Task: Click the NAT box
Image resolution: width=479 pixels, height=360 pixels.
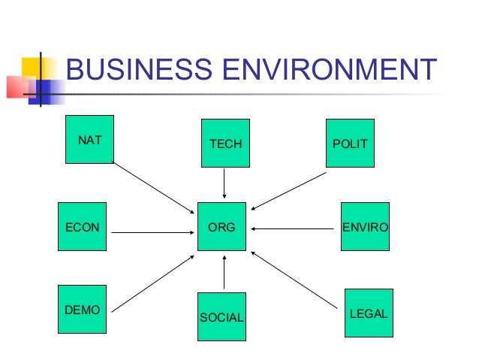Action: pos(89,139)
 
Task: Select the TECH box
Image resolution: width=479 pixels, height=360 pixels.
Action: pos(224,143)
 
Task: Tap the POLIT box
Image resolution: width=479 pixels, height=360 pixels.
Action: pos(349,143)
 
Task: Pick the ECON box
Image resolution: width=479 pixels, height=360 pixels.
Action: pos(83,226)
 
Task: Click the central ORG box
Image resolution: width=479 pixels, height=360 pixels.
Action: pos(221,226)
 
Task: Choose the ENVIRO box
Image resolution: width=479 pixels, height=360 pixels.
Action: pos(365,226)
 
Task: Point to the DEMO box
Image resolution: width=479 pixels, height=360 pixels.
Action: pos(83,309)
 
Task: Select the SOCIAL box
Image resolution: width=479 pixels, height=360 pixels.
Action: pos(221,316)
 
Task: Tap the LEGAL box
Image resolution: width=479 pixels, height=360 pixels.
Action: pos(369,313)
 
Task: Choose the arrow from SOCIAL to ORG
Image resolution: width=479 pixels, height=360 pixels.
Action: pos(224,272)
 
